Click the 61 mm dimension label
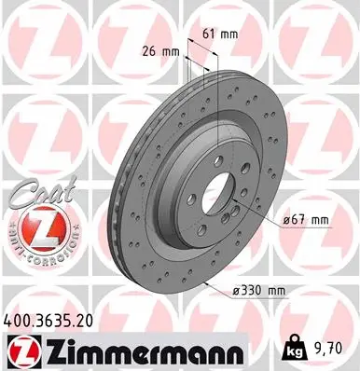click(215, 34)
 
